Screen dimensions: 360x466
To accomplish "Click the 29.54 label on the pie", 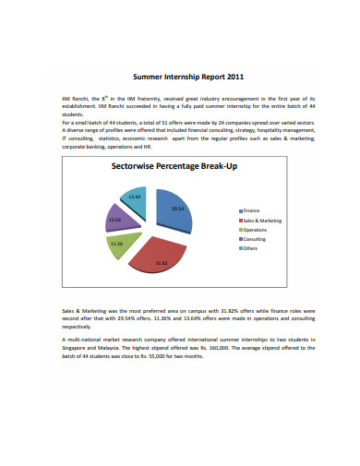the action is click(178, 209).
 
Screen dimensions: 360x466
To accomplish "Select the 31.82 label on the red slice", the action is click(162, 264).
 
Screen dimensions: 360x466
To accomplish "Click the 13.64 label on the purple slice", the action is click(115, 220).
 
